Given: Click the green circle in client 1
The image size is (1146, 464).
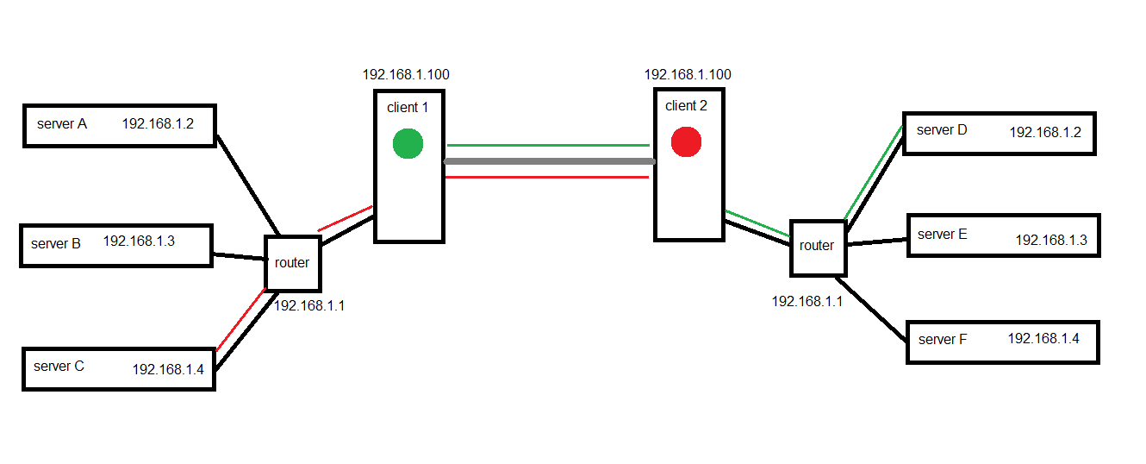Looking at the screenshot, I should (x=408, y=143).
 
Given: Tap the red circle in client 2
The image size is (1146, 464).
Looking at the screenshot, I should (x=686, y=141).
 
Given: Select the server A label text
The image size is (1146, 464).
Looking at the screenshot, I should (x=62, y=124).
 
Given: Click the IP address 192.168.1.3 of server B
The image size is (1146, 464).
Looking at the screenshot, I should (x=139, y=241).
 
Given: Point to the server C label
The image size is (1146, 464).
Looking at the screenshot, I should (x=59, y=366).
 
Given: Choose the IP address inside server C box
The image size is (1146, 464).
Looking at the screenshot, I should (x=167, y=369).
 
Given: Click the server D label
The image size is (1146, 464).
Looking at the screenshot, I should (x=942, y=130).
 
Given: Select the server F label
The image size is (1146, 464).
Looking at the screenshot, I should (x=943, y=340).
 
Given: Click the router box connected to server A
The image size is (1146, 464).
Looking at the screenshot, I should (x=293, y=262).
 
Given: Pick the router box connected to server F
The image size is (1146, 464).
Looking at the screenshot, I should (x=817, y=246).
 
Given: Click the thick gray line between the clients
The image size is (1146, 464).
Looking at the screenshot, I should (x=549, y=161).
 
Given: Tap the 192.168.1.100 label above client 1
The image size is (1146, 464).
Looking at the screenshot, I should (x=406, y=75).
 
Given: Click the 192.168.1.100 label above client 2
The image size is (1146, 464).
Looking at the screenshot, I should (x=688, y=75).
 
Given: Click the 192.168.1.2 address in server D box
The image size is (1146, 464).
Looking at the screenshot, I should (x=1044, y=133).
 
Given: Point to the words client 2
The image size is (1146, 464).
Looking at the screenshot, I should (x=686, y=106).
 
